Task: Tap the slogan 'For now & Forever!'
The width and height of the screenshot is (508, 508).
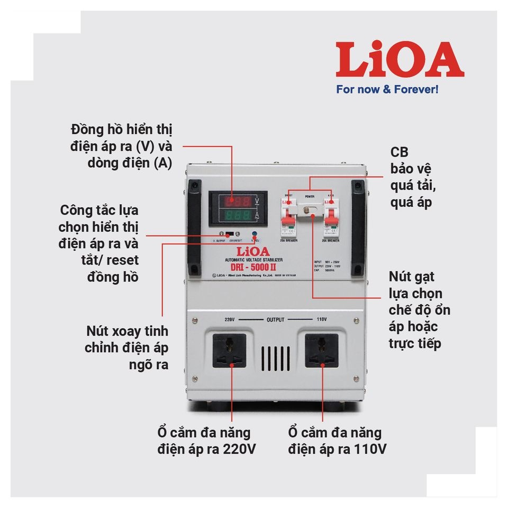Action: (387, 89)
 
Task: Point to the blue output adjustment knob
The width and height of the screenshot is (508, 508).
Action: (255, 234)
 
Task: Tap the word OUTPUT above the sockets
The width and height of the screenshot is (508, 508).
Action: (276, 320)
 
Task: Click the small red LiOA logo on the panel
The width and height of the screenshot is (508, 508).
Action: (253, 250)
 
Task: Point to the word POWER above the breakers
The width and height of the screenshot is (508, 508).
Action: (309, 196)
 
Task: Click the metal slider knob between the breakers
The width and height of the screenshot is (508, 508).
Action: (310, 212)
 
